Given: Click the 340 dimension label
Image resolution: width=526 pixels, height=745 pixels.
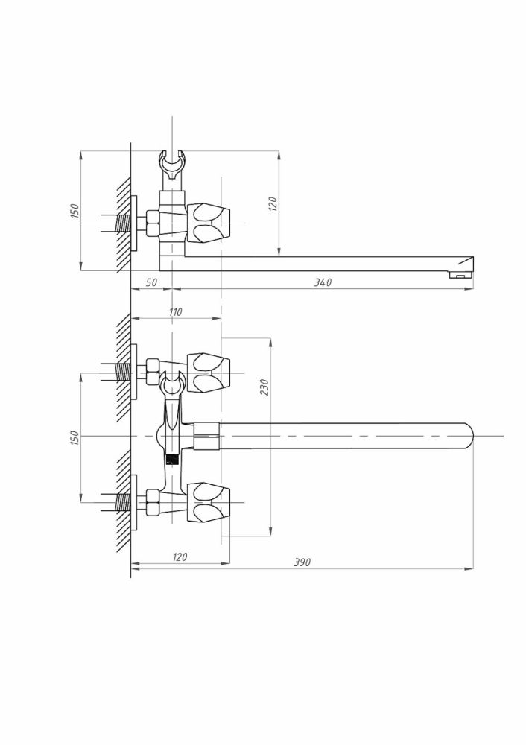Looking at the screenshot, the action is (323, 282).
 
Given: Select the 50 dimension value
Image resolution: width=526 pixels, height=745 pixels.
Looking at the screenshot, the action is (150, 282).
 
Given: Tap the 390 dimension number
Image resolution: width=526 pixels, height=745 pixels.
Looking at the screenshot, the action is (302, 562).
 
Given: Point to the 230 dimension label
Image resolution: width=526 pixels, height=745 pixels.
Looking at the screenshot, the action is (264, 387).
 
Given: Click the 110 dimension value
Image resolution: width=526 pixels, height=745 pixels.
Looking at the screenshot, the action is (175, 312).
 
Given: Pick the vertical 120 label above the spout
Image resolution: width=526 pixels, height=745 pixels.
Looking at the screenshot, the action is (272, 204).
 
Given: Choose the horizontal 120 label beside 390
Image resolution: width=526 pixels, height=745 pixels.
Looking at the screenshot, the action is (179, 557).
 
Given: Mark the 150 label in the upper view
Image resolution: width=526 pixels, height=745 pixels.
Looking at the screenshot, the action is (75, 211).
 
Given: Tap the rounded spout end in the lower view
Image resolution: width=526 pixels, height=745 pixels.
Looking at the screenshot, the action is (468, 436).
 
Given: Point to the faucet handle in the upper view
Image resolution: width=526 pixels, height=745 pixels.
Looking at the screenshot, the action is (209, 223).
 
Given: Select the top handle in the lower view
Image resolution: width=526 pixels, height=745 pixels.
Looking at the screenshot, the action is (209, 373).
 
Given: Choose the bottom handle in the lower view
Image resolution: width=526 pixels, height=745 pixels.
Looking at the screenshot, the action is (209, 502).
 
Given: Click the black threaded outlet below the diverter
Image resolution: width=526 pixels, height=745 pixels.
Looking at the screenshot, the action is (172, 459).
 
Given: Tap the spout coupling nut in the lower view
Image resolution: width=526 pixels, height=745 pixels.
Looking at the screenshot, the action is (206, 436).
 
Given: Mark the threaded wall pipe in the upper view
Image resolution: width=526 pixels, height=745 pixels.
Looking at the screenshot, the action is (123, 223).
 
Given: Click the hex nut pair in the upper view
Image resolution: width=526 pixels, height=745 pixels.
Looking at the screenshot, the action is (153, 223).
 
